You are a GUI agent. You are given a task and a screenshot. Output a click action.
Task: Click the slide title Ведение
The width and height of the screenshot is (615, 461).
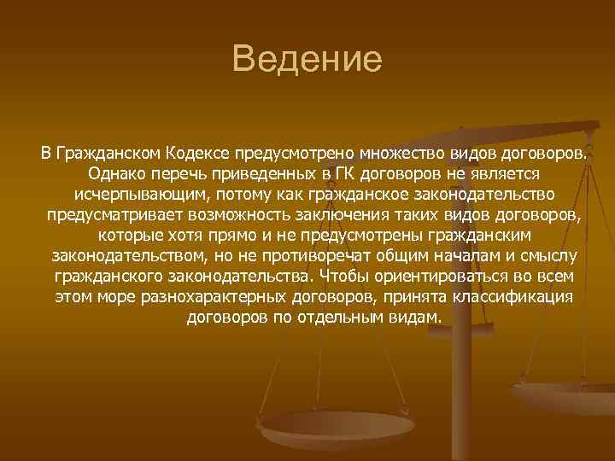point(307,61)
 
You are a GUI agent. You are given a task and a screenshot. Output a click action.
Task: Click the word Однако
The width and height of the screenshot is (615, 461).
point(113,174)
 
